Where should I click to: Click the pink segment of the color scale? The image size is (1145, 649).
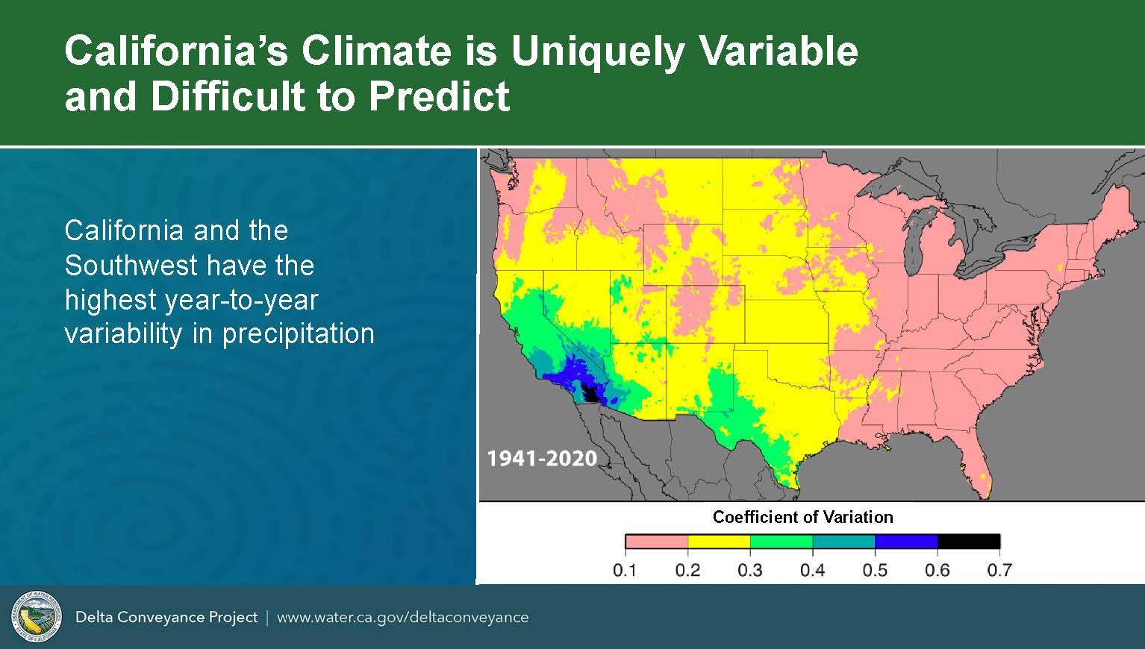[657, 542]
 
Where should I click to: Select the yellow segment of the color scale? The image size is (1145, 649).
[720, 542]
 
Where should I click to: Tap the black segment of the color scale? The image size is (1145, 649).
[969, 542]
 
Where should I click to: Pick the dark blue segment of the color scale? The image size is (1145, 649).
[906, 542]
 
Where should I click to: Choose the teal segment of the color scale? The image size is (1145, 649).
[844, 542]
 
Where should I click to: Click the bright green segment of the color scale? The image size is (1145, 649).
[781, 542]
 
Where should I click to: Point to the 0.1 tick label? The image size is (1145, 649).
[625, 570]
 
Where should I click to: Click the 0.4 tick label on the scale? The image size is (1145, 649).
[813, 570]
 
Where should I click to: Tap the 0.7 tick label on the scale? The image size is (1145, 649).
[1000, 570]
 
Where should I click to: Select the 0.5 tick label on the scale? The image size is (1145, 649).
[875, 570]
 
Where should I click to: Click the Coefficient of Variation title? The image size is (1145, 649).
[803, 517]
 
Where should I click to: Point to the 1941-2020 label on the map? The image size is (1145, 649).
[542, 458]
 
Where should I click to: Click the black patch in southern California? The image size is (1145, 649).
[591, 394]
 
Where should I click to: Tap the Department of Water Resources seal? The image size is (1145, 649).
[37, 617]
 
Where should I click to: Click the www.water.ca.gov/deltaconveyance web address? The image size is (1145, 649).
[403, 618]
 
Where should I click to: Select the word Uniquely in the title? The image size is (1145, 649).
[598, 52]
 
